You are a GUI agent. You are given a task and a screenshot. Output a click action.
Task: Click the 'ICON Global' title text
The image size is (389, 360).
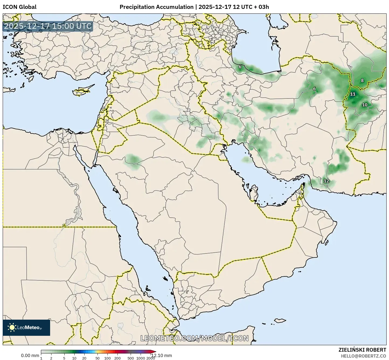(x=19, y=7)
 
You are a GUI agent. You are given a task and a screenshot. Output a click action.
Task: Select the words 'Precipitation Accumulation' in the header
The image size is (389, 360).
(x=156, y=7)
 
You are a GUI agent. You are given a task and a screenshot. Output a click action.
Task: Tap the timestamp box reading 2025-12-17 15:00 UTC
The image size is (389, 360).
(x=48, y=26)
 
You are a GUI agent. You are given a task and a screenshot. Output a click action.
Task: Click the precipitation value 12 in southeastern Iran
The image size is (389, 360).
(x=326, y=181)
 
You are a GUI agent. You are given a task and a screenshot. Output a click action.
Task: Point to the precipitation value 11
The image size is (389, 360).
(x=353, y=94)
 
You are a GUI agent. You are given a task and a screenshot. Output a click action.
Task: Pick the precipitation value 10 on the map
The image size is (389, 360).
(x=364, y=105)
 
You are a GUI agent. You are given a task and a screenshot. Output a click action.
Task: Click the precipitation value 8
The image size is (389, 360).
(x=362, y=80)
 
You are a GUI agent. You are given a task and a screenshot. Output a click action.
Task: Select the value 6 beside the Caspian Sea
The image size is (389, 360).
(x=240, y=67)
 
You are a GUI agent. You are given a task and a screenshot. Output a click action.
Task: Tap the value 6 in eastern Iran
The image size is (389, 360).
(x=314, y=89)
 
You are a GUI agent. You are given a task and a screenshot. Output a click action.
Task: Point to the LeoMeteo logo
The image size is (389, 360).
(x=26, y=327)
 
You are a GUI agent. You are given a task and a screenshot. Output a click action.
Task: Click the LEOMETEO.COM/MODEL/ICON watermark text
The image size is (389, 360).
(x=194, y=338)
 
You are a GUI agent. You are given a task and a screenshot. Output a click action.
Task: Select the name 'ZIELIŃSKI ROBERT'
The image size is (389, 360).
(x=362, y=350)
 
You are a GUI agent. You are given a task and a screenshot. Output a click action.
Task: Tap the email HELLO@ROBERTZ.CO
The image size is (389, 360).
(x=363, y=356)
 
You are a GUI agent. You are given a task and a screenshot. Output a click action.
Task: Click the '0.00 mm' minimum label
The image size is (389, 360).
(x=30, y=356)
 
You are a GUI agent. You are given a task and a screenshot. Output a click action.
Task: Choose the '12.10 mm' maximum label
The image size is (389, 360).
(x=161, y=356)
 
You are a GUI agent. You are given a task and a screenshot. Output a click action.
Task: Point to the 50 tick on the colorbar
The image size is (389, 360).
(x=98, y=358)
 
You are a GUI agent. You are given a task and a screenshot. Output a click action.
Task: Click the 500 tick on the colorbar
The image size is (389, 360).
(x=131, y=358)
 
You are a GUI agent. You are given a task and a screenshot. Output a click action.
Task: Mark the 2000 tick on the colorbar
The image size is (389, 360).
(x=150, y=358)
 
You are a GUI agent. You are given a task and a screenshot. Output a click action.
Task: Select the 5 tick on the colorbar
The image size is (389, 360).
(x=64, y=358)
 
